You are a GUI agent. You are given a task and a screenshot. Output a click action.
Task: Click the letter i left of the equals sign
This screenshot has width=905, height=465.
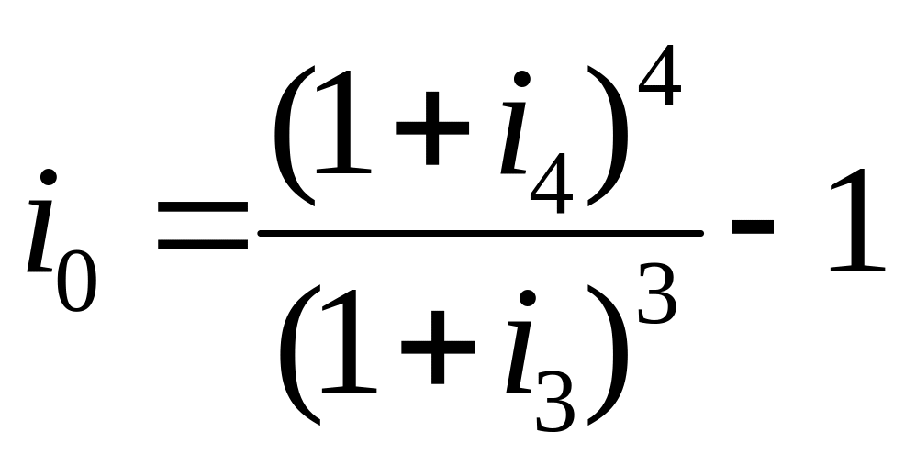[44, 225]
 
